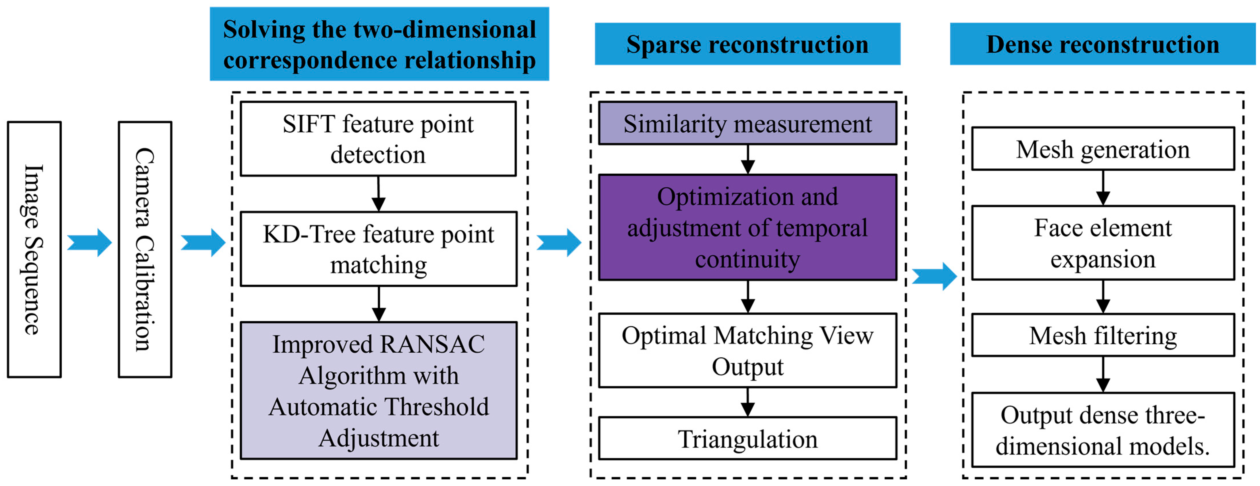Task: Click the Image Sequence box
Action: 34,249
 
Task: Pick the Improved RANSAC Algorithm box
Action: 378,390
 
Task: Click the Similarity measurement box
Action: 747,123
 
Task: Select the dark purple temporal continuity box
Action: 747,228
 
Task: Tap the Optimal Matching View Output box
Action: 747,350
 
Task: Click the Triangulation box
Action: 747,439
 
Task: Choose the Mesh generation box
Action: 1103,149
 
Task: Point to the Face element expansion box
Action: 1103,243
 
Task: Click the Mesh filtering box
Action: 1103,335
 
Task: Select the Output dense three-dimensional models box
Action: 1103,430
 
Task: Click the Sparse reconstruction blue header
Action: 747,44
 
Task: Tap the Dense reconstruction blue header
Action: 1103,44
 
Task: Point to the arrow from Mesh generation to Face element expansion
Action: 1103,188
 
